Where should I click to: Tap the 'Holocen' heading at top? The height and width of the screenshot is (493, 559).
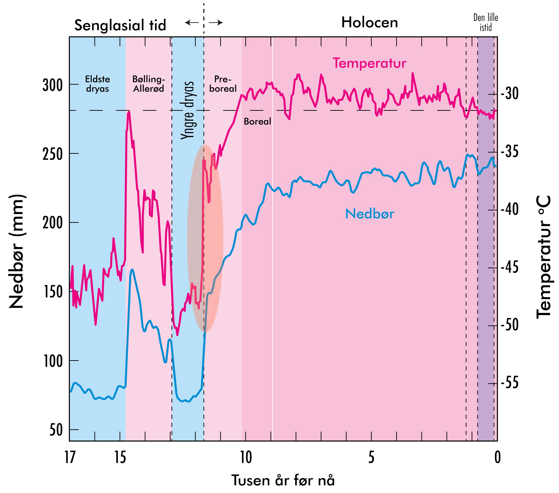(369, 23)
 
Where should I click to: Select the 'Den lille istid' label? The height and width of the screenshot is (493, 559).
(485, 23)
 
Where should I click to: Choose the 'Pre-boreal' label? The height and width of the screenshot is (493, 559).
(223, 84)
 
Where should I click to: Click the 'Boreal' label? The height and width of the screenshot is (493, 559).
(257, 121)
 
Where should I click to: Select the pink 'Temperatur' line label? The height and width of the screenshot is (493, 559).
(369, 63)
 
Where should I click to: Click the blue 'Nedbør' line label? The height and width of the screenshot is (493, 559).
(369, 214)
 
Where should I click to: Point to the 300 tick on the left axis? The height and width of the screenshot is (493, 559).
(53, 85)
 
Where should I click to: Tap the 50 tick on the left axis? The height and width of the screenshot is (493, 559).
(56, 430)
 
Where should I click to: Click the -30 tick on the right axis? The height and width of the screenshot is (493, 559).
(509, 94)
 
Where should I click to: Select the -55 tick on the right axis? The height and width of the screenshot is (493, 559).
(509, 383)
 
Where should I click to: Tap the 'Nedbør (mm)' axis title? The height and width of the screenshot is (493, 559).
(16, 251)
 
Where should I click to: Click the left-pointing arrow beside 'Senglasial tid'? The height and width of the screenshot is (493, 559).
(192, 23)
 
